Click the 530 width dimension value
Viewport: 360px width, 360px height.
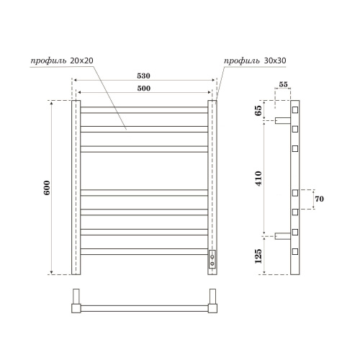click(x=145, y=75)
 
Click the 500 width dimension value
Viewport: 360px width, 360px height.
click(x=145, y=87)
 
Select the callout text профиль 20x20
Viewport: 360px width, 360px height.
click(x=62, y=60)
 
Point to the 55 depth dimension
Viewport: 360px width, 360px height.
click(x=283, y=85)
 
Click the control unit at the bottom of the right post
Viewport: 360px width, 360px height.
click(x=212, y=258)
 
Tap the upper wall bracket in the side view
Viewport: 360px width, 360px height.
click(x=282, y=119)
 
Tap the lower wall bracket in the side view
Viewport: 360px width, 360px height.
click(x=282, y=235)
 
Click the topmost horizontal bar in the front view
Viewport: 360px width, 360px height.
click(x=145, y=110)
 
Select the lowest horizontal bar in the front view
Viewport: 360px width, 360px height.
click(x=145, y=251)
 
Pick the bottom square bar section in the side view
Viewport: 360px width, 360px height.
click(x=295, y=251)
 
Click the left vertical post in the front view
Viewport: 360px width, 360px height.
click(x=76, y=187)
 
